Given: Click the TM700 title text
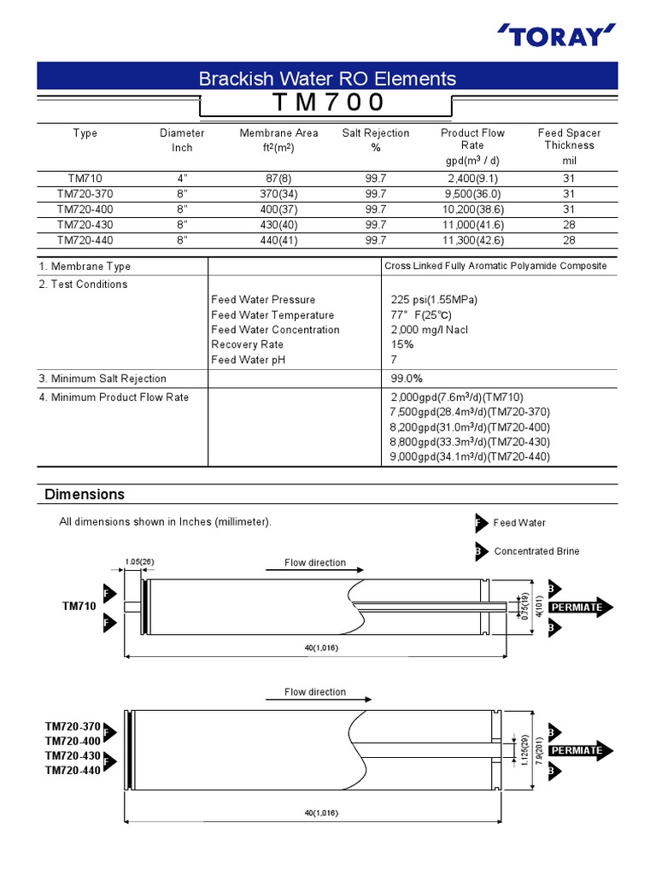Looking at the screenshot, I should click(x=328, y=103).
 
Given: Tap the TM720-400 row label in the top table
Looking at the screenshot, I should click(x=85, y=209).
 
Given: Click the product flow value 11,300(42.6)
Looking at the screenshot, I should click(x=472, y=240).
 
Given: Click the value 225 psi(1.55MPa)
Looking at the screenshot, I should click(x=434, y=300).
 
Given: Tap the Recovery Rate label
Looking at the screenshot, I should click(x=247, y=345).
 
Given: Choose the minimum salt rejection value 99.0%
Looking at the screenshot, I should click(x=407, y=379).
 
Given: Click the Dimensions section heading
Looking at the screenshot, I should click(x=85, y=495).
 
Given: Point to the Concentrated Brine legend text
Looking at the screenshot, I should click(x=536, y=551).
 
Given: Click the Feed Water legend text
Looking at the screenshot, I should click(x=519, y=523).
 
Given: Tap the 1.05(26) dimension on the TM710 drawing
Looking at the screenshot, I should click(x=138, y=561).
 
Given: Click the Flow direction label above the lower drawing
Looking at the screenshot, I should click(x=315, y=692).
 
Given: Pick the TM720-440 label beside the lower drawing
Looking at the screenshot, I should click(x=73, y=771).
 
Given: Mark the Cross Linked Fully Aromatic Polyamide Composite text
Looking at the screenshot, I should click(x=495, y=266).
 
